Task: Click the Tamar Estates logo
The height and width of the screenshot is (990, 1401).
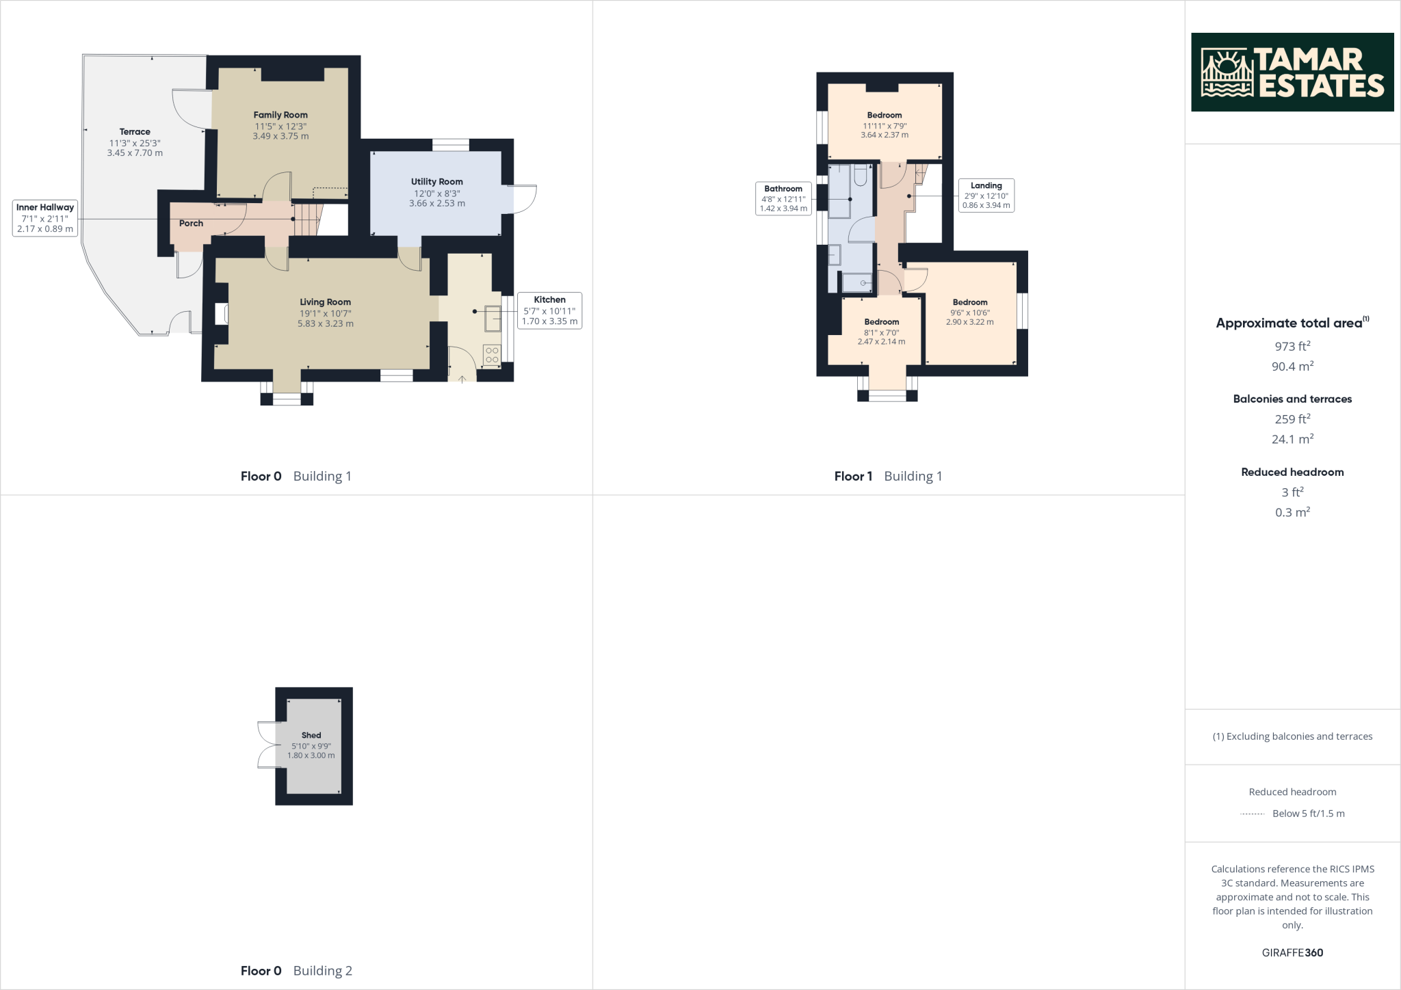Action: [x=1292, y=72]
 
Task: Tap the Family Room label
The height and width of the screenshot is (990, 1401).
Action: [x=280, y=115]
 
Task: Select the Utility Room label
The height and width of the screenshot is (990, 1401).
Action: [x=436, y=181]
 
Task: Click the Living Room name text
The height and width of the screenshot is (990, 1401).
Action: [x=325, y=302]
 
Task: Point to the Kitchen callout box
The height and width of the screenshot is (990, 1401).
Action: [x=549, y=310]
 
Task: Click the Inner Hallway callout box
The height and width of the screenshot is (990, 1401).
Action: [x=45, y=218]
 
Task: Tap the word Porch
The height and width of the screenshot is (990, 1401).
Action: [x=191, y=223]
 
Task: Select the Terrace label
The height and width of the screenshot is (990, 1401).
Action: [x=135, y=131]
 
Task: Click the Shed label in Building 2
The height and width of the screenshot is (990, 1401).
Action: [x=311, y=735]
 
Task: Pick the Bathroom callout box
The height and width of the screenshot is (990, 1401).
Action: [x=783, y=198]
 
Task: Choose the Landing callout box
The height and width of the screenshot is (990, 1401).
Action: [x=986, y=196]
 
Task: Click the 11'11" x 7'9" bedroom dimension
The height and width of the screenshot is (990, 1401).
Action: [x=885, y=126]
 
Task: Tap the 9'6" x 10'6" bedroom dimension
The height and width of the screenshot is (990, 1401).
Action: [x=970, y=312]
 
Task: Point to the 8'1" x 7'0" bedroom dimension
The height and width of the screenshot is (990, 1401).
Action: [x=881, y=332]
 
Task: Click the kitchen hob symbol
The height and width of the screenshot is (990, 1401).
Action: [x=492, y=355]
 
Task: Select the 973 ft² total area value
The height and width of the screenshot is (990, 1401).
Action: [x=1292, y=346]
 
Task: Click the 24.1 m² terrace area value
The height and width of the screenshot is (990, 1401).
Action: [x=1292, y=439]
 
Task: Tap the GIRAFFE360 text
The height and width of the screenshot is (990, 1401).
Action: [x=1292, y=952]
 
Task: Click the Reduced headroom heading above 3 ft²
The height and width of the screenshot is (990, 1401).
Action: [x=1292, y=472]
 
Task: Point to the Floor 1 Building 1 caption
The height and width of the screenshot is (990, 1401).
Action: [x=888, y=476]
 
